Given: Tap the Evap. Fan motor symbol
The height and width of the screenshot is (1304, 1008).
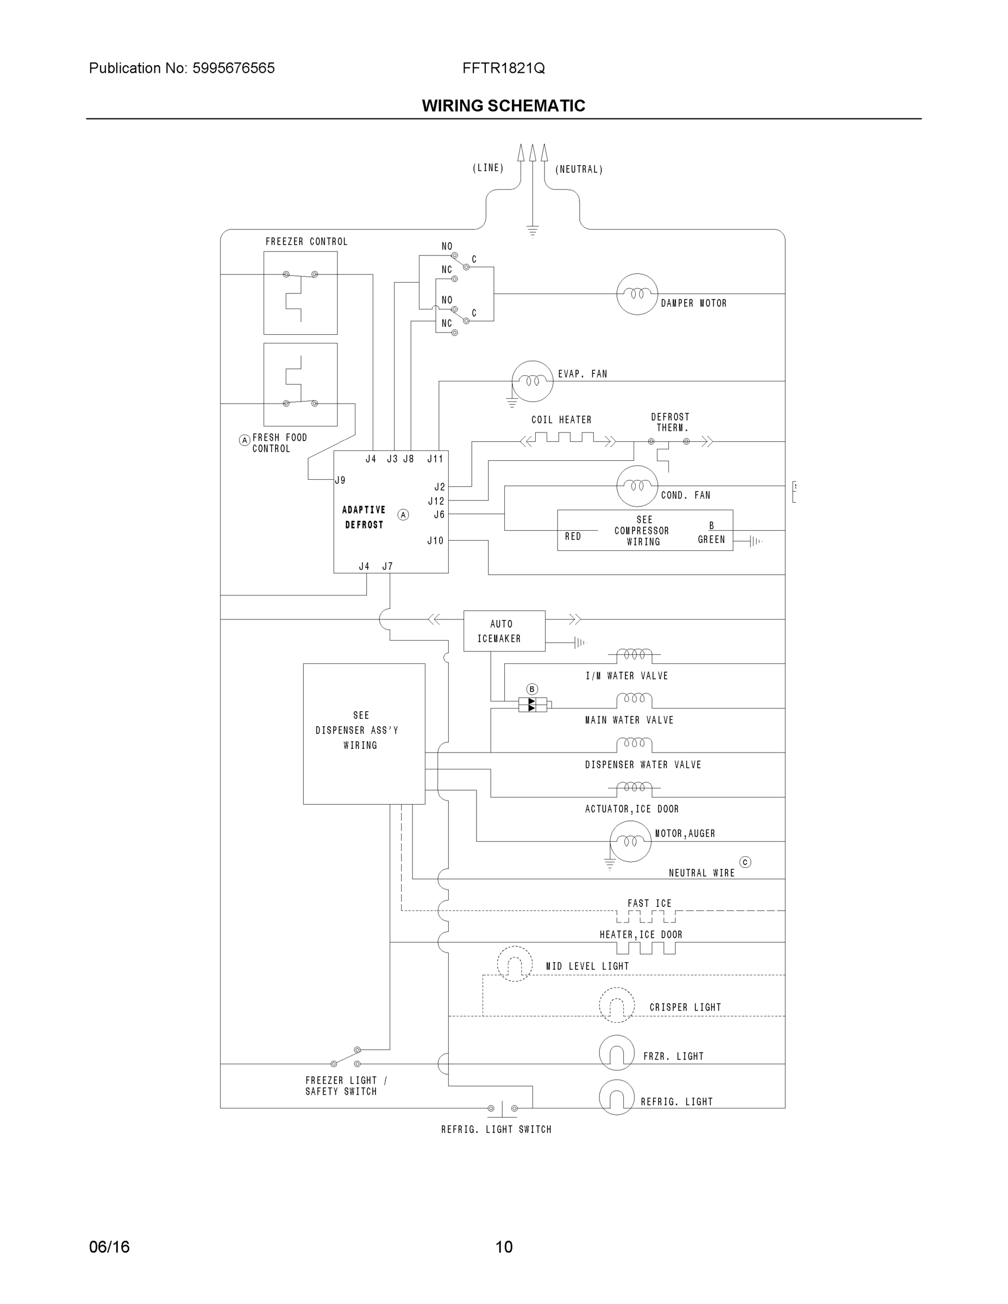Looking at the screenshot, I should pyautogui.click(x=532, y=381).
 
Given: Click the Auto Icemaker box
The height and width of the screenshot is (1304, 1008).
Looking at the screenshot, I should pyautogui.click(x=504, y=630).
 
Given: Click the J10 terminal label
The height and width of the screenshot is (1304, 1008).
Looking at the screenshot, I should pyautogui.click(x=435, y=541).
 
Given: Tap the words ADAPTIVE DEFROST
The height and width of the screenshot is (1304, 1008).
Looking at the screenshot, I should pyautogui.click(x=364, y=517).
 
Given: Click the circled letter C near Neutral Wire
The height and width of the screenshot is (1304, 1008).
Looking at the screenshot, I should pyautogui.click(x=744, y=862).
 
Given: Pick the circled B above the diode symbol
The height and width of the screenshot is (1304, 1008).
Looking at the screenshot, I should pyautogui.click(x=532, y=689).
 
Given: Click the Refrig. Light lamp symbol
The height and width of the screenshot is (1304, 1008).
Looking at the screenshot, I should pyautogui.click(x=616, y=1098).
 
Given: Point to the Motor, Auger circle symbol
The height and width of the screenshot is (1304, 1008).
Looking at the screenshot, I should pyautogui.click(x=630, y=841).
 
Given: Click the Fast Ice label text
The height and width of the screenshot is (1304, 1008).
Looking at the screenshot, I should pyautogui.click(x=649, y=904).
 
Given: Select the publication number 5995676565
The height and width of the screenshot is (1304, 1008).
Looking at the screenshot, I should pyautogui.click(x=234, y=68).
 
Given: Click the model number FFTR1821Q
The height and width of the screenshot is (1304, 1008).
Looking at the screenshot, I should pyautogui.click(x=503, y=68).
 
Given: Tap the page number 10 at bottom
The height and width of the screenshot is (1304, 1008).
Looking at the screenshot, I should pyautogui.click(x=504, y=1247).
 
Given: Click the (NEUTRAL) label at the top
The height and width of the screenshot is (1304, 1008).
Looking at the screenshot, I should pyautogui.click(x=579, y=170).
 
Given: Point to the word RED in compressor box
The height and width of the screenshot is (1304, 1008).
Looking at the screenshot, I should pyautogui.click(x=573, y=536).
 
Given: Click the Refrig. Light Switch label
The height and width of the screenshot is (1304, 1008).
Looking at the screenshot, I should pyautogui.click(x=496, y=1129).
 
